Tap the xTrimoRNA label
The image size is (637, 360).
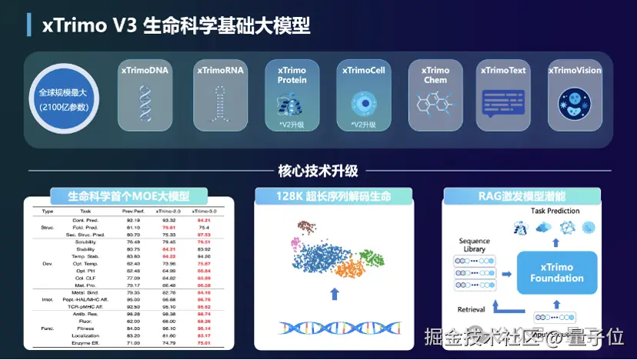(x=220, y=71)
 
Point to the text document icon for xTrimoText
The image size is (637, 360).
(x=504, y=102)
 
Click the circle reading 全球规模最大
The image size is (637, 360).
(x=64, y=98)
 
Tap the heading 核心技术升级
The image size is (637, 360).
(x=318, y=171)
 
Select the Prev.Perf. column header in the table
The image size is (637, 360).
(x=132, y=210)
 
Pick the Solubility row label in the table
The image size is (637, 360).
(x=85, y=242)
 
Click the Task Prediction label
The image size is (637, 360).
(x=555, y=211)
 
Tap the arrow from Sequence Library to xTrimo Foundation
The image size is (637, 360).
(x=507, y=272)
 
